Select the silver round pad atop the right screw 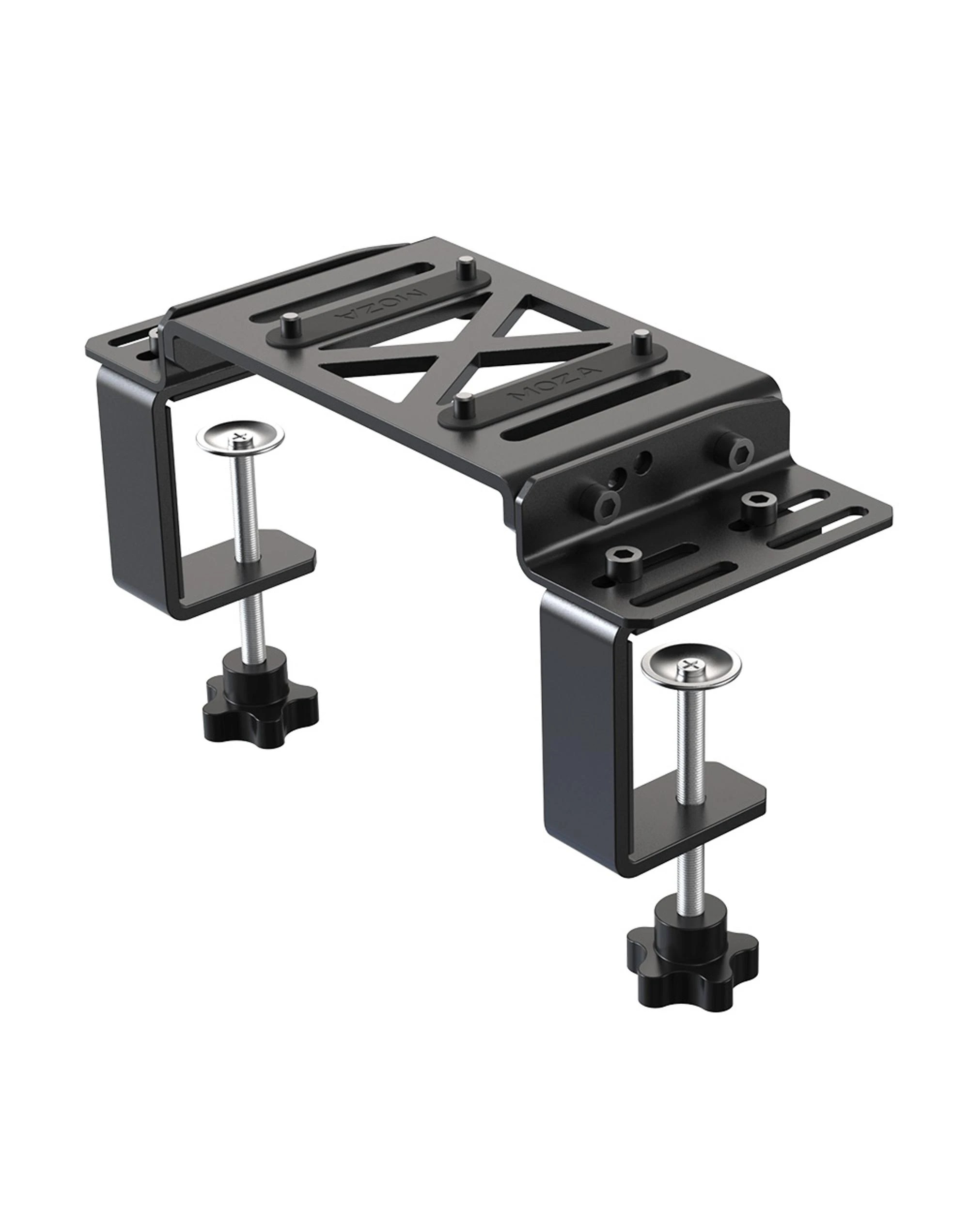tap(691, 665)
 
